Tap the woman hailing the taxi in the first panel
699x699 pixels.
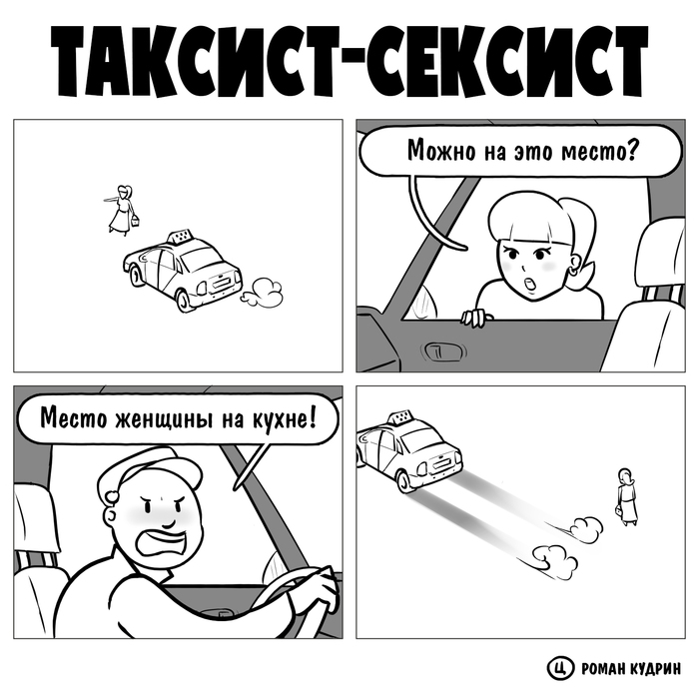click(123, 208)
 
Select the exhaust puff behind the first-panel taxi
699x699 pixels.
click(264, 291)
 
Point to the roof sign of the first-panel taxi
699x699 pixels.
click(179, 238)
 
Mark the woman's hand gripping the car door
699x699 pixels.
click(475, 318)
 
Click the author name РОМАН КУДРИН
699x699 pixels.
click(625, 666)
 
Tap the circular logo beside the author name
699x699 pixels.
click(558, 666)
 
